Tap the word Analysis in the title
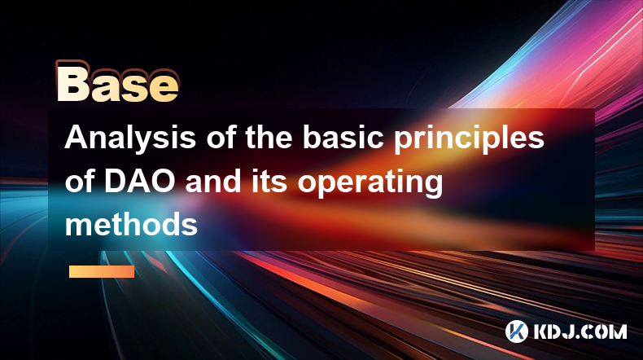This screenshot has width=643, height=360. click(x=130, y=138)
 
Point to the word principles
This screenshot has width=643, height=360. click(x=469, y=138)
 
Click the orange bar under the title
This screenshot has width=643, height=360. click(x=102, y=271)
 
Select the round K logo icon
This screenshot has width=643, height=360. click(x=516, y=331)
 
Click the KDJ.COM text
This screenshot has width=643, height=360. click(x=580, y=331)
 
